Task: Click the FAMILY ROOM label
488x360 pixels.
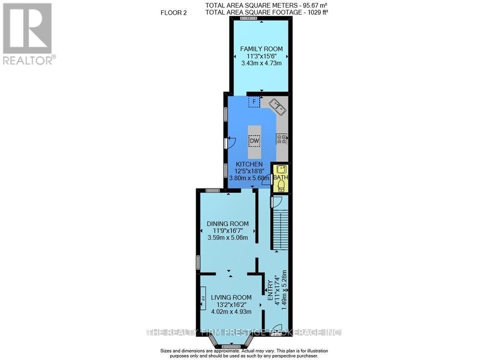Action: [x=262, y=49]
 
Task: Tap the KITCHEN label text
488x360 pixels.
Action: [x=249, y=164]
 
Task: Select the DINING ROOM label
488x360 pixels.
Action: [x=228, y=224]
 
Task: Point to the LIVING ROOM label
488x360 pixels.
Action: [x=231, y=297]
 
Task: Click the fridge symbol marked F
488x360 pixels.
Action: [x=254, y=102]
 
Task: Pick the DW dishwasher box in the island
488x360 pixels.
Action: [x=255, y=141]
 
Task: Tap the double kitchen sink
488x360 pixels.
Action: [x=278, y=107]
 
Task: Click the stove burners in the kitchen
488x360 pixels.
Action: [x=282, y=139]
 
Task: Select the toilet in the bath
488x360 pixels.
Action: [x=282, y=186]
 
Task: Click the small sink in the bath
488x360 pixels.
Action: [x=282, y=169]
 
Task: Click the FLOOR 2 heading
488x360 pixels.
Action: [x=174, y=13]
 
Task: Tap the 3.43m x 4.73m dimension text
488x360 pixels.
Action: [x=262, y=63]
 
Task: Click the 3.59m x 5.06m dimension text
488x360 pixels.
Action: [x=228, y=237]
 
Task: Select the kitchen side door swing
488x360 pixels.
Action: [x=231, y=142]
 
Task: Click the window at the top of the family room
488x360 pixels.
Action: [x=249, y=18]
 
